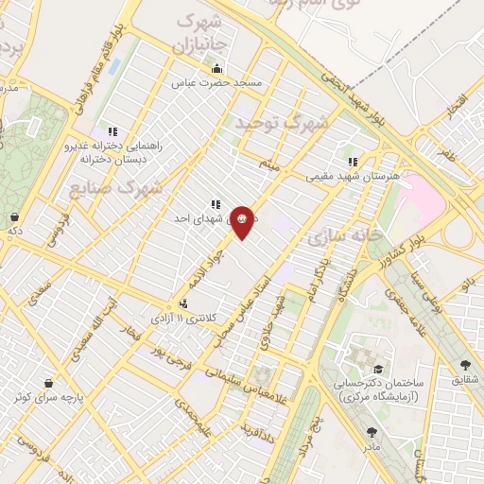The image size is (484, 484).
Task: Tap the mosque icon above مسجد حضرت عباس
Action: coord(216,68)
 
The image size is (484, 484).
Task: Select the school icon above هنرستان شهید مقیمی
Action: coord(354,162)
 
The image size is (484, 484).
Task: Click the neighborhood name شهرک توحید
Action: coord(285,123)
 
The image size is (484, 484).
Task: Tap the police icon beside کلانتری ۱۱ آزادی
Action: coord(182,304)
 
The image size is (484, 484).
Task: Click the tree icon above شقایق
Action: coord(465,365)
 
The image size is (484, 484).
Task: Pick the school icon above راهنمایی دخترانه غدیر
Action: coord(112,131)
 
